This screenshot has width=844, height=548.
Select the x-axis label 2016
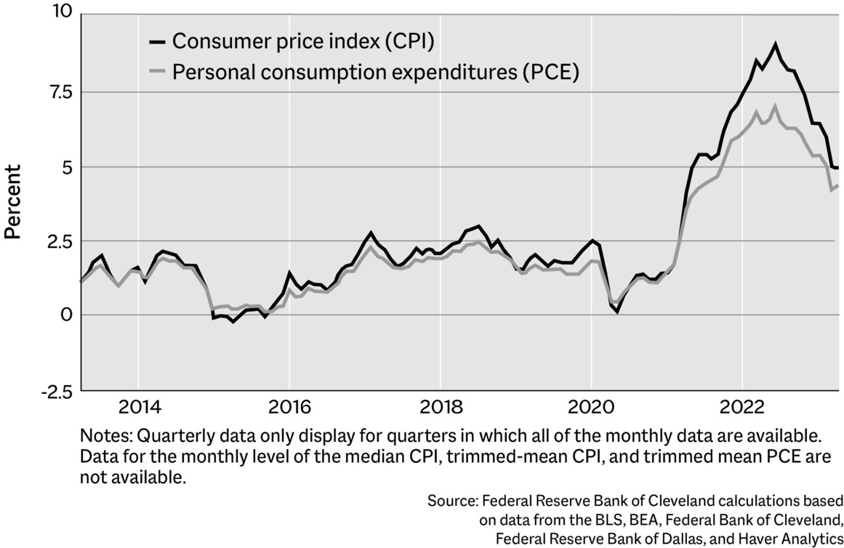[289, 406]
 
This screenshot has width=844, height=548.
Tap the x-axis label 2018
[440, 406]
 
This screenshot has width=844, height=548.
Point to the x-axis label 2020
[591, 406]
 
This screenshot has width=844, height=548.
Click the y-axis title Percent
[12, 201]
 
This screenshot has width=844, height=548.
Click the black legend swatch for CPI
[156, 42]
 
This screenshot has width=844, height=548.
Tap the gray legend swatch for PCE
[156, 73]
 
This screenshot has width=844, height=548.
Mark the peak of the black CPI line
[776, 44]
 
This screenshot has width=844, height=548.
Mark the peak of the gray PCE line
[775, 106]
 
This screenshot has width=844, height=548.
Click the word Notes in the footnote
[103, 436]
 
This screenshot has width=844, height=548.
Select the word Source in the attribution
[451, 501]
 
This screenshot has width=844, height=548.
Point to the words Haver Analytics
[792, 539]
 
